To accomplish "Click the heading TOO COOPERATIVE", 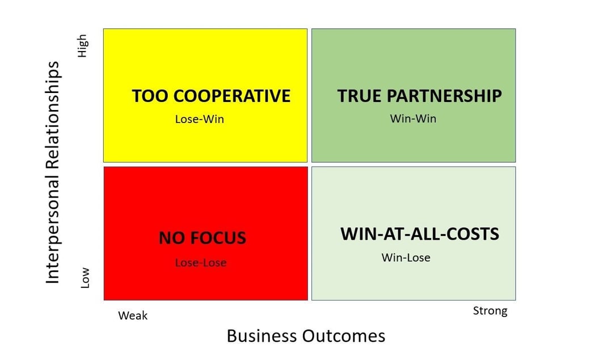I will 211,96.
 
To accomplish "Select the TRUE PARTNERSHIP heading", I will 419,96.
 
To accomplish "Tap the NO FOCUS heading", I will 202,238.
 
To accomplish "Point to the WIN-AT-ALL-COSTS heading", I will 420,234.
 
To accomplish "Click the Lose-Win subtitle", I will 199,120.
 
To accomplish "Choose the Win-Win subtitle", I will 413,119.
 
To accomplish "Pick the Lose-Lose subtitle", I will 200,262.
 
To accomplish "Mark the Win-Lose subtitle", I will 406,257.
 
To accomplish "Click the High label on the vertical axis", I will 83,46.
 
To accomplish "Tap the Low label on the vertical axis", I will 85,278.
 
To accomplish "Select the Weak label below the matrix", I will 133,316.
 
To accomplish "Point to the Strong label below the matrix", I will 490,311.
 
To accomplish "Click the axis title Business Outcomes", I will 306,336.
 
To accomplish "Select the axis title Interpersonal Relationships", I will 53,172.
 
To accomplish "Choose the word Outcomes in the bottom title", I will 346,336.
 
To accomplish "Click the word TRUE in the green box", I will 356,96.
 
